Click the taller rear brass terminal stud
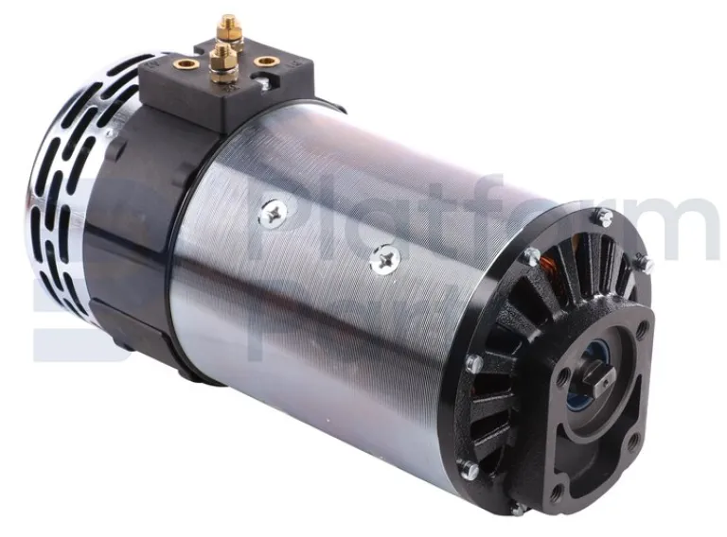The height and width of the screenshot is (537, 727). pyautogui.click(x=228, y=27)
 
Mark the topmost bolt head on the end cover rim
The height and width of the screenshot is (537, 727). pyautogui.click(x=600, y=217)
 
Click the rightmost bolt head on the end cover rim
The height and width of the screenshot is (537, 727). pyautogui.click(x=647, y=265)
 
